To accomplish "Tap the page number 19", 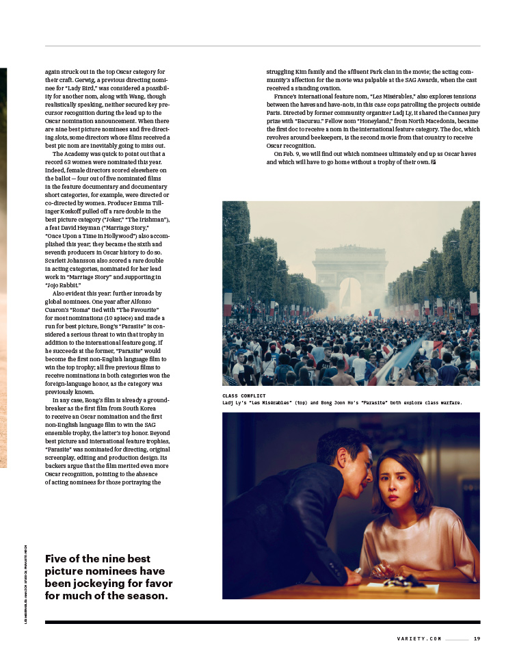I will point(477,638).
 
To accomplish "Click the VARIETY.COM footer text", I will point(419,638).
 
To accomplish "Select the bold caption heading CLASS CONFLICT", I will point(244,396).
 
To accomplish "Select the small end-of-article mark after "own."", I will point(434,162).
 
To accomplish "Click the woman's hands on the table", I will point(380,569).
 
